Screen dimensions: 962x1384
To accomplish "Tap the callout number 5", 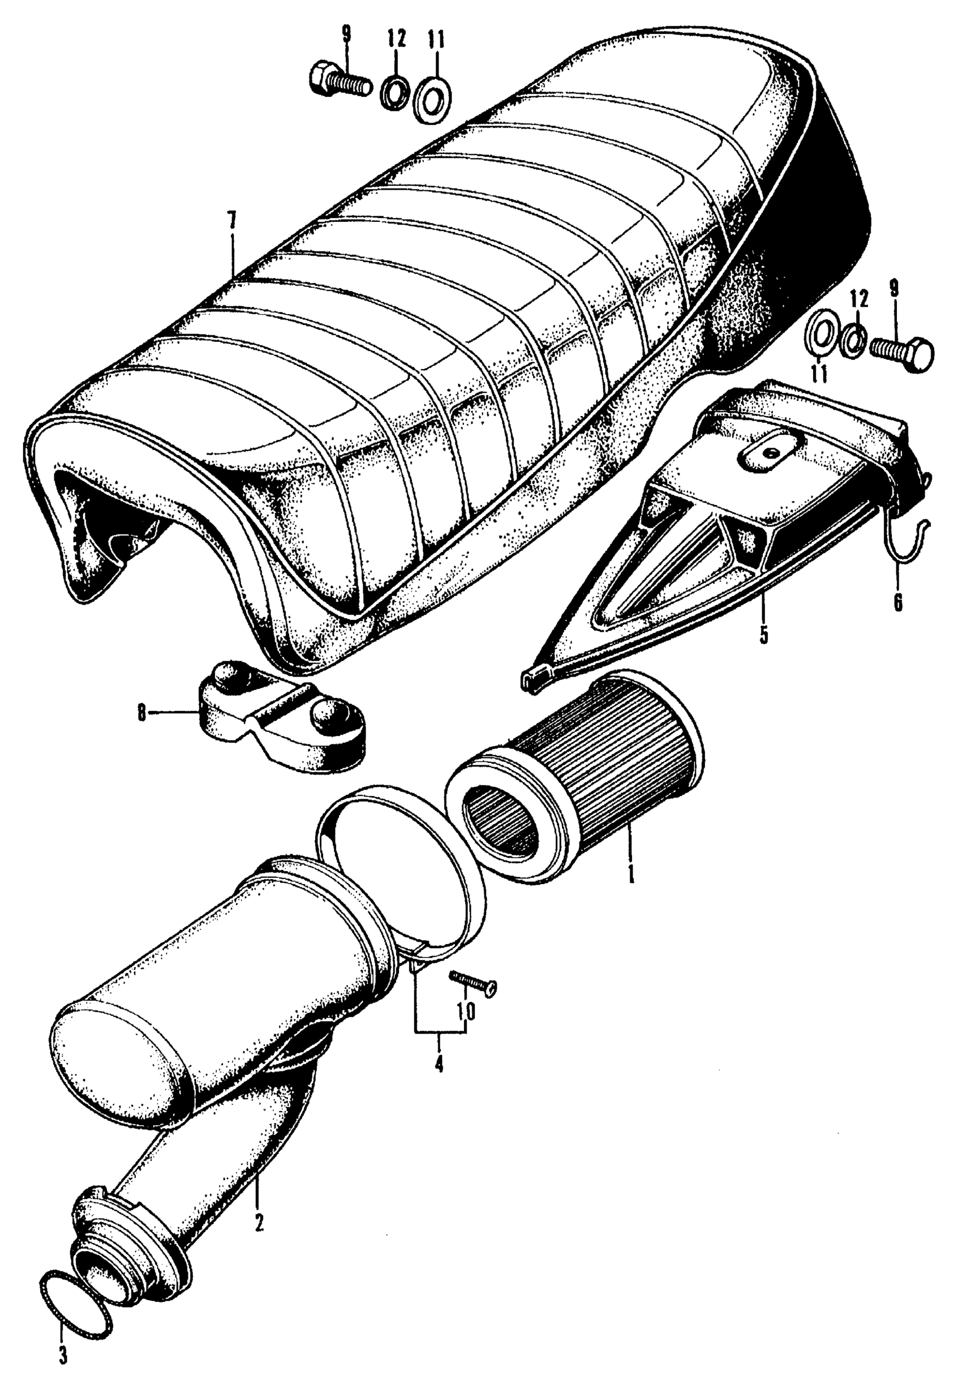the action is [x=764, y=635].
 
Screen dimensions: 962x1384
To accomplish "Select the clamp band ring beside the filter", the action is [x=401, y=862].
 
